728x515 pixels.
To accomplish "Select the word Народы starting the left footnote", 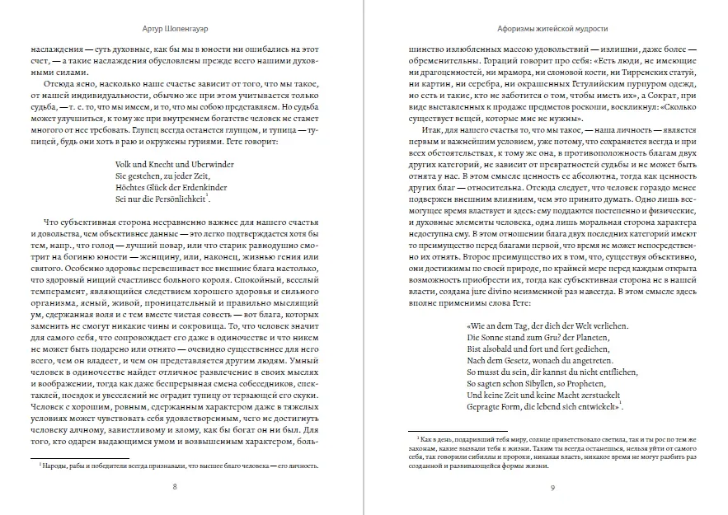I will (x=57, y=466).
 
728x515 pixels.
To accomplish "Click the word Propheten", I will (x=601, y=382).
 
